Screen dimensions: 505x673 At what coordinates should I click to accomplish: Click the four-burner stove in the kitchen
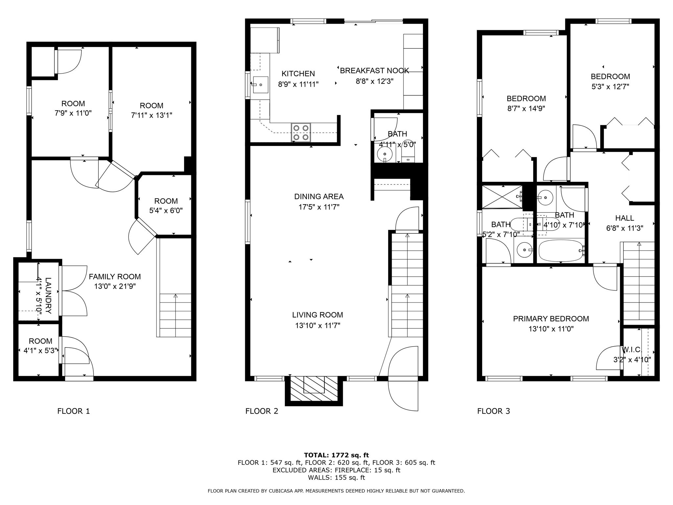tap(301, 132)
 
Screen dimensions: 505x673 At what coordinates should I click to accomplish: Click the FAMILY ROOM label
tap(115, 277)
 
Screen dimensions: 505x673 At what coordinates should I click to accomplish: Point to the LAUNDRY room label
tap(48, 296)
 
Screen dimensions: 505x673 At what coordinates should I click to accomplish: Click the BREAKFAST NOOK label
tap(374, 71)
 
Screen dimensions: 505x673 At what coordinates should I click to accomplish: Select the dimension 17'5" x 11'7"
tap(319, 207)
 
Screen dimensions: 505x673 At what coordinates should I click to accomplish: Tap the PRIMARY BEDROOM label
tap(551, 319)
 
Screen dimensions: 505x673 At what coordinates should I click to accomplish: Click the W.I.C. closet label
tap(632, 349)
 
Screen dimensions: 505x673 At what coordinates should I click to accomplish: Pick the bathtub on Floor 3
tap(561, 251)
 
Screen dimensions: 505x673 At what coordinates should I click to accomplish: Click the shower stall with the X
tap(501, 197)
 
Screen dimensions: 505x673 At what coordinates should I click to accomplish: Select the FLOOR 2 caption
tap(262, 411)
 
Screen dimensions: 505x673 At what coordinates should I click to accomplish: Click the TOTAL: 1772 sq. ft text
tap(336, 455)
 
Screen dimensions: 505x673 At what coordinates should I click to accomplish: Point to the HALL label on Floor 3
tap(624, 218)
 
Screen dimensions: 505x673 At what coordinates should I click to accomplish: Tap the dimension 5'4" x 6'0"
tap(166, 211)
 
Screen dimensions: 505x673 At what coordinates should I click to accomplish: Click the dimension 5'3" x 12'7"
tap(610, 87)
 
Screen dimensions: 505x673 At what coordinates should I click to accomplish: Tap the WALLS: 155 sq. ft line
tap(336, 478)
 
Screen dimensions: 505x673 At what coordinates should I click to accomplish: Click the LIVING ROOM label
tap(317, 315)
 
